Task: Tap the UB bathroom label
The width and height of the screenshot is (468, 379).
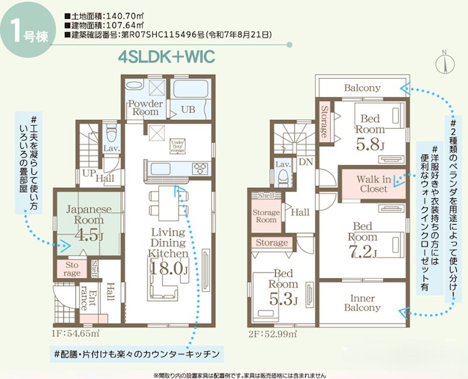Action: click(188, 109)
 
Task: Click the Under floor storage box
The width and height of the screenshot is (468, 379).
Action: click(178, 147)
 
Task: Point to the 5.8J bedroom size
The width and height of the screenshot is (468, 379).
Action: click(370, 141)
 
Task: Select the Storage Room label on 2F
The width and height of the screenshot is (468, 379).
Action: click(266, 216)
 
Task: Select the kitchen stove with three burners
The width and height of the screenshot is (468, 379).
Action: click(199, 168)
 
